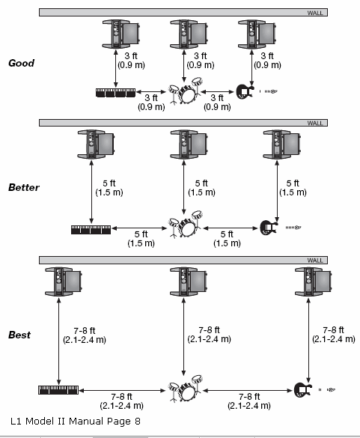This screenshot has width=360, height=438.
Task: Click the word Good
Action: point(21,63)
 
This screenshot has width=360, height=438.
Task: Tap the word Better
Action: point(24,187)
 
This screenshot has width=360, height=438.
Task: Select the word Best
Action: point(19,335)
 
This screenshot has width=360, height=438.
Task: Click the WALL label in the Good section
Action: point(315,13)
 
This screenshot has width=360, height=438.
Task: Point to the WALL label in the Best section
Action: point(315,261)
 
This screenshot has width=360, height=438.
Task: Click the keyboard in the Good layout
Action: point(115,93)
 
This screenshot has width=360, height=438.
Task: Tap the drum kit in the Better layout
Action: point(185,225)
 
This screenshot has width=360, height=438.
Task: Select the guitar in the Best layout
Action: point(303,390)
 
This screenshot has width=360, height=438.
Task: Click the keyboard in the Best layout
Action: point(58,390)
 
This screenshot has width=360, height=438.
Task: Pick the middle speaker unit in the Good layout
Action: point(189,34)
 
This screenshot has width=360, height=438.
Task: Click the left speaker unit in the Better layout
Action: point(96,145)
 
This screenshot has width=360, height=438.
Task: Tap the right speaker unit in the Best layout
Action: point(313,282)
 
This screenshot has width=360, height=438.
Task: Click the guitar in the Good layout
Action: point(245,91)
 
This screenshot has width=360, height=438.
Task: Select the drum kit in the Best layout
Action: point(185,389)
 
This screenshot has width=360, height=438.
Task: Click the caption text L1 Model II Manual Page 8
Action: point(76,422)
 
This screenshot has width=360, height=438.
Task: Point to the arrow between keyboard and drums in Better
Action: point(139,228)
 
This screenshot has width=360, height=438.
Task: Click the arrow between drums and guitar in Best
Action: point(248,391)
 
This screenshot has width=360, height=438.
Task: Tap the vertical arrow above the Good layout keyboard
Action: point(116,68)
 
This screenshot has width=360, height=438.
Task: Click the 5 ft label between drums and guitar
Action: point(227,239)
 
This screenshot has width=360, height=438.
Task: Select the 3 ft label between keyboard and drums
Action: point(151,103)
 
